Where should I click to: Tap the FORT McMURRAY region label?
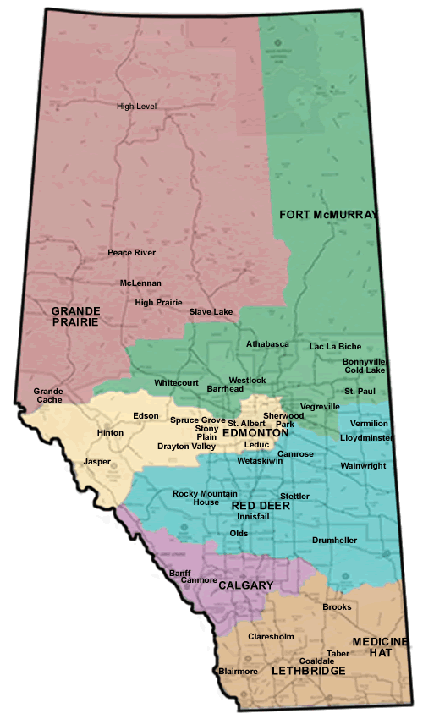click(x=327, y=215)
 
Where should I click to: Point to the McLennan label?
click(x=140, y=283)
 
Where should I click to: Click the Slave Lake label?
click(x=211, y=312)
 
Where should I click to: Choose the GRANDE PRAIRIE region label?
click(x=74, y=316)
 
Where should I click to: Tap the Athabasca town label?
click(x=267, y=344)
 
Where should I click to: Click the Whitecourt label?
click(x=176, y=383)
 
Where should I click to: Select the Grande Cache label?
click(x=48, y=395)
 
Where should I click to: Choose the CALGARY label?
click(x=245, y=585)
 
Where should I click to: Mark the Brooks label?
click(x=337, y=607)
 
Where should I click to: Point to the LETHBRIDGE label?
click(x=309, y=670)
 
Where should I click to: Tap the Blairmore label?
click(x=238, y=671)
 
